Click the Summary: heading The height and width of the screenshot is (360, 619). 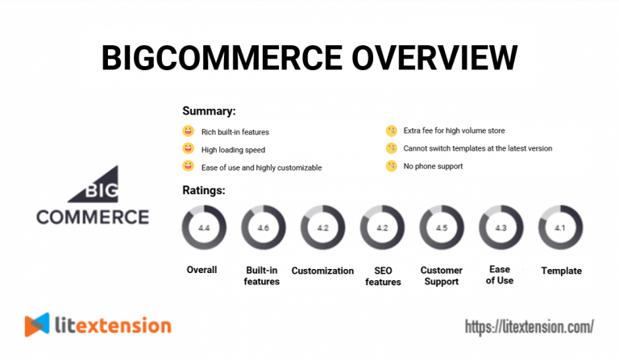209,111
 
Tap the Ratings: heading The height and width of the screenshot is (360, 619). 204,191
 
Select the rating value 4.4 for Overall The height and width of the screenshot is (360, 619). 203,228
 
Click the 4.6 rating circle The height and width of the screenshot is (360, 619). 263,228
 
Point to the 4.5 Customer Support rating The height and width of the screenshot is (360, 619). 441,228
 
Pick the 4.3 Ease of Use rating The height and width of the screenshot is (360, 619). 501,228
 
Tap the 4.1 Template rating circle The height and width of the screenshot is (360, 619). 560,228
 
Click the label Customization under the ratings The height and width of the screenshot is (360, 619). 322,271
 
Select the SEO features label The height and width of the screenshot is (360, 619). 382,275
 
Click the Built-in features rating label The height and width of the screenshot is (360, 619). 263,275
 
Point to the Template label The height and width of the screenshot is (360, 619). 561,271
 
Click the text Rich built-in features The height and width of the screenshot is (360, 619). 235,131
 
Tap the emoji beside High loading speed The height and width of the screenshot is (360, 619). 189,149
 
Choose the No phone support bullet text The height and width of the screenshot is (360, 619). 433,167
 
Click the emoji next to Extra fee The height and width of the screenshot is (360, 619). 391,130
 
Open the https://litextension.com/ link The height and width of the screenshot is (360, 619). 530,326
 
